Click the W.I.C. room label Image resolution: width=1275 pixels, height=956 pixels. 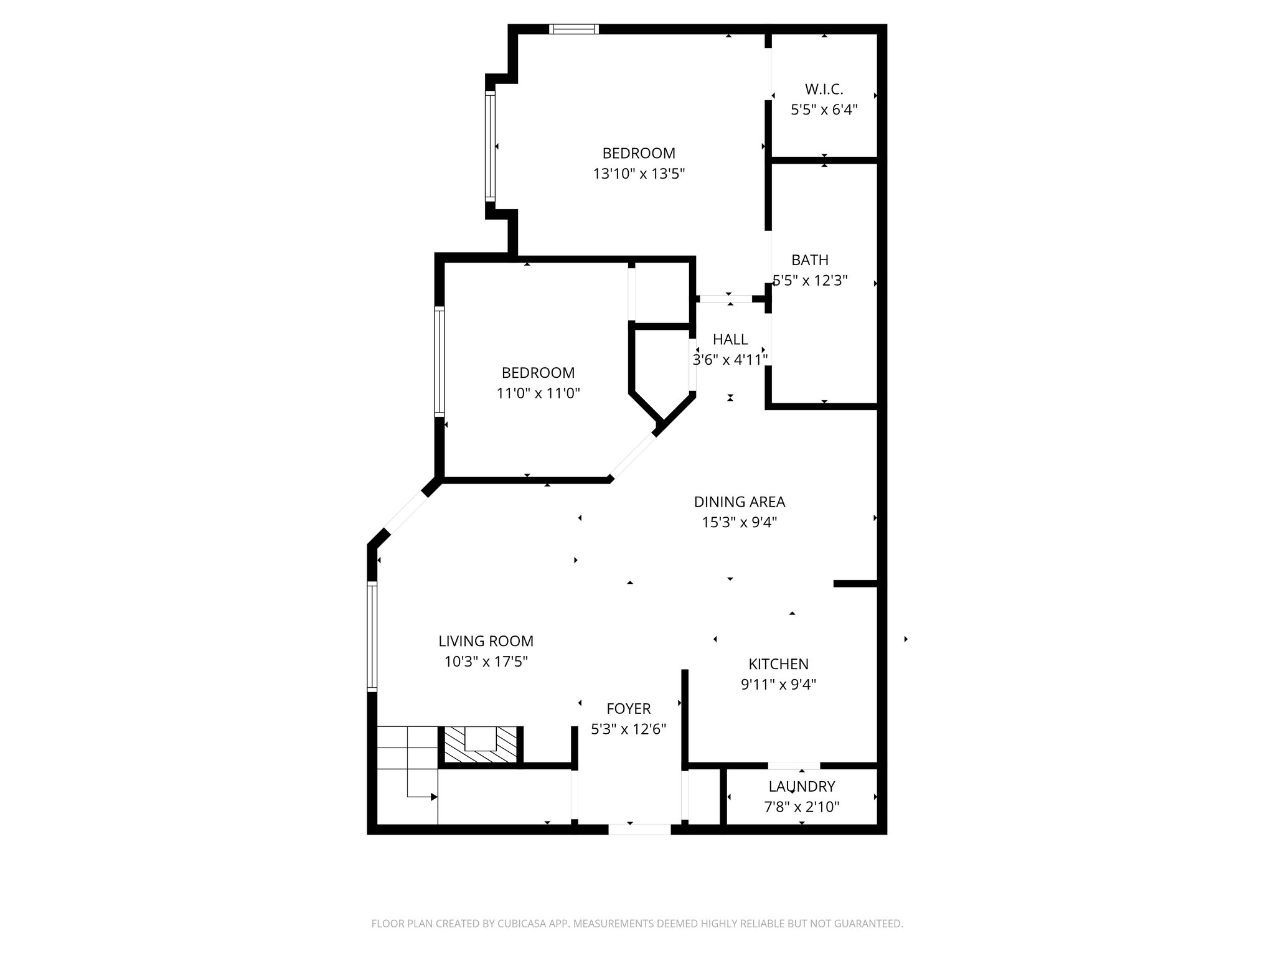[x=824, y=90]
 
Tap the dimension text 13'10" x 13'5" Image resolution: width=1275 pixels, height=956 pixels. [x=639, y=174]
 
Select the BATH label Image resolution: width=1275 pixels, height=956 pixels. [x=809, y=260]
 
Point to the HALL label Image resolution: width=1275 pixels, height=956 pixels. [x=730, y=339]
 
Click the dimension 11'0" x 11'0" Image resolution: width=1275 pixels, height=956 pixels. [x=538, y=393]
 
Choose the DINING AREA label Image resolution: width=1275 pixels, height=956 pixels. [x=739, y=502]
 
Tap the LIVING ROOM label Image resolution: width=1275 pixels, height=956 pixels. [x=486, y=641]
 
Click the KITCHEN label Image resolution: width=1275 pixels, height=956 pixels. [x=778, y=664]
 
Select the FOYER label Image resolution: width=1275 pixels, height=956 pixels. [x=629, y=708]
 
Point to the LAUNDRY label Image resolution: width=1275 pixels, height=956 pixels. [x=801, y=787]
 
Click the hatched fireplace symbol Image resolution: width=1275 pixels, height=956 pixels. [x=479, y=744]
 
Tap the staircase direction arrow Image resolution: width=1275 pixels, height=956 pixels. [x=433, y=797]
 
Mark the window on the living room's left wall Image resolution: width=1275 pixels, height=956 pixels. [x=372, y=636]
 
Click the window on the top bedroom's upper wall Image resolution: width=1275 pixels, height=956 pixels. [x=573, y=29]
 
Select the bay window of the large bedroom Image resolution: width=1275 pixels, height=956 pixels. [x=491, y=146]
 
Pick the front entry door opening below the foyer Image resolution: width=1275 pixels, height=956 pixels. [x=639, y=829]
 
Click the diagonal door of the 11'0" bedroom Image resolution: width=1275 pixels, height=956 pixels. [x=632, y=456]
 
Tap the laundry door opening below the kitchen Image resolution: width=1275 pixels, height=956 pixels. [x=794, y=766]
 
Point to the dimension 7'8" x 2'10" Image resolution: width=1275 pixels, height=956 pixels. [x=801, y=807]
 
